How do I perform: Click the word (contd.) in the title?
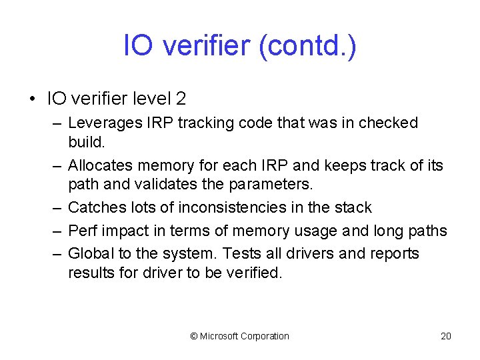pos(313,46)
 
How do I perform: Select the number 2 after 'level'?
pos(181,99)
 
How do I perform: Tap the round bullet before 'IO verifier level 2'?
pos(32,100)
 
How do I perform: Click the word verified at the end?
pos(256,272)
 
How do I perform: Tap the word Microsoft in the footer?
pos(220,336)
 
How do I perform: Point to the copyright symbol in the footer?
pos(194,336)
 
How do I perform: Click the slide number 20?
pos(446,336)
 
